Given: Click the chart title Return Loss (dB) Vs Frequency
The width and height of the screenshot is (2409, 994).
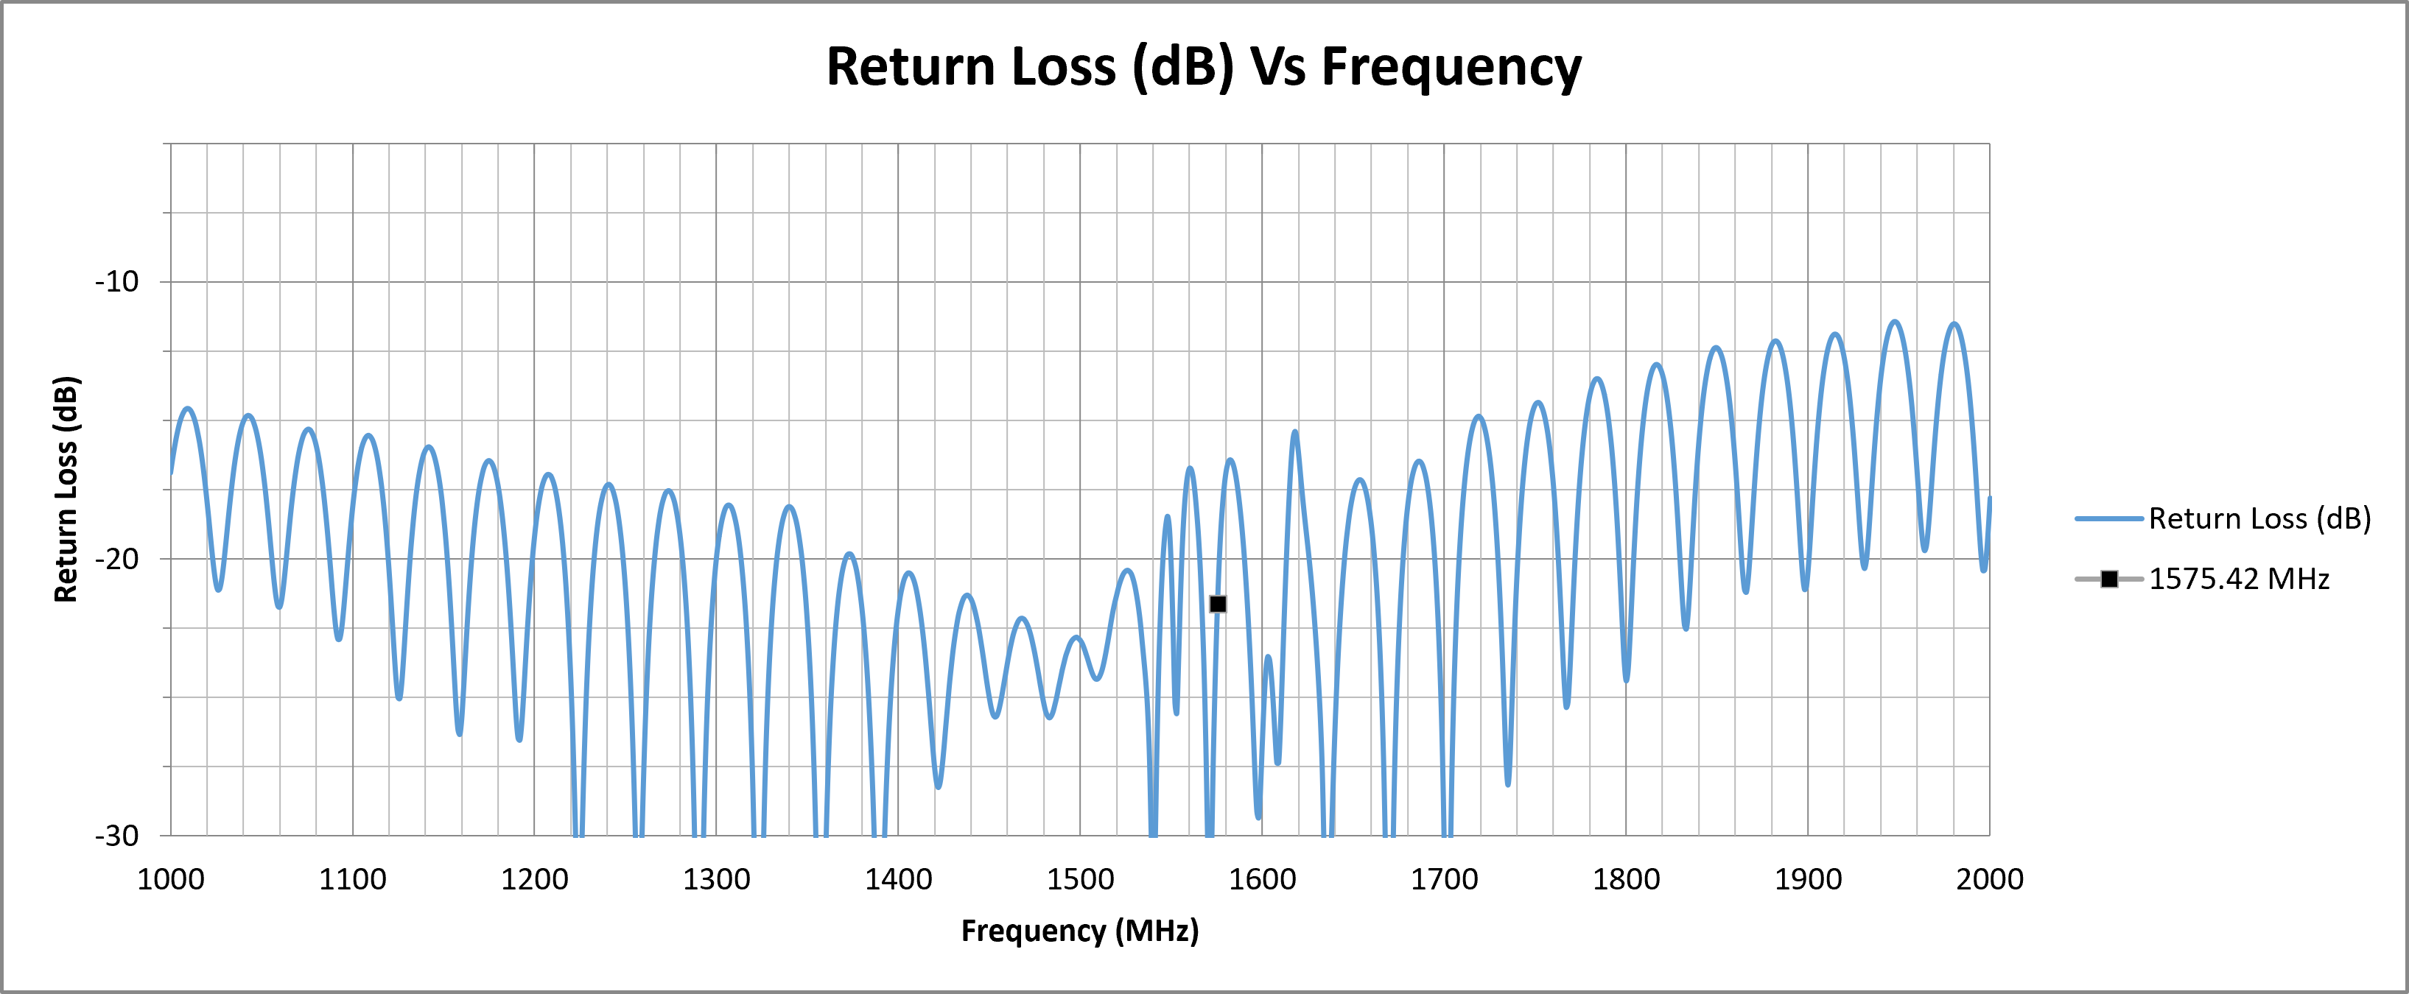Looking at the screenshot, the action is [x=1204, y=67].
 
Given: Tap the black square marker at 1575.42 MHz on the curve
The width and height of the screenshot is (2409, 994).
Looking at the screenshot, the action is [x=1218, y=604].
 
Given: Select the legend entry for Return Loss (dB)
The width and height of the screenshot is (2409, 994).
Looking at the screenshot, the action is [x=2223, y=518].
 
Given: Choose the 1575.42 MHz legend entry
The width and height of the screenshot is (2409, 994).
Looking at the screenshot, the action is [x=2202, y=579].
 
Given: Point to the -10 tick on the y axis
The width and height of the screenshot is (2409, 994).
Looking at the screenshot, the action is [x=117, y=281].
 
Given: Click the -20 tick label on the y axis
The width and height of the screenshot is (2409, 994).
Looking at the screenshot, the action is [x=117, y=558].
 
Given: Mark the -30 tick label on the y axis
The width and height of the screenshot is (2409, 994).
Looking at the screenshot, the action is [x=117, y=835].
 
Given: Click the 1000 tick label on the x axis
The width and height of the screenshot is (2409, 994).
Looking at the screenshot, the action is [x=171, y=879].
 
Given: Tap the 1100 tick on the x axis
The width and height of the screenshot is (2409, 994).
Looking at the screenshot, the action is [x=353, y=879].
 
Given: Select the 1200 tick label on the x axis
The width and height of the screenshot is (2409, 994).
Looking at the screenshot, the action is [x=535, y=879].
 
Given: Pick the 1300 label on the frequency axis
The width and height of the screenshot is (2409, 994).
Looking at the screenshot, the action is [x=716, y=879].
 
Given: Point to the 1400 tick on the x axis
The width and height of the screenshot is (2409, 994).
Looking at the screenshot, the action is [x=899, y=879].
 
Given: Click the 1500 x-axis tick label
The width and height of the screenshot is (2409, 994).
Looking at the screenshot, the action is [x=1080, y=879].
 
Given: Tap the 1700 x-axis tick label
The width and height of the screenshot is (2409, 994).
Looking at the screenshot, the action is [x=1444, y=879].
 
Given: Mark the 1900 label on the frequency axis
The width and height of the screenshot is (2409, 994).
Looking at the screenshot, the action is [x=1808, y=879].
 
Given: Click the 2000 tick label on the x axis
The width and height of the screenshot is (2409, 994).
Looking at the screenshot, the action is [x=1990, y=879].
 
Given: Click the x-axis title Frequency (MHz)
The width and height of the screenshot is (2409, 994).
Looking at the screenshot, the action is [x=1080, y=931].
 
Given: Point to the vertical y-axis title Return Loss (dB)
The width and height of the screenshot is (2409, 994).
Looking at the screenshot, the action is [x=66, y=489].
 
